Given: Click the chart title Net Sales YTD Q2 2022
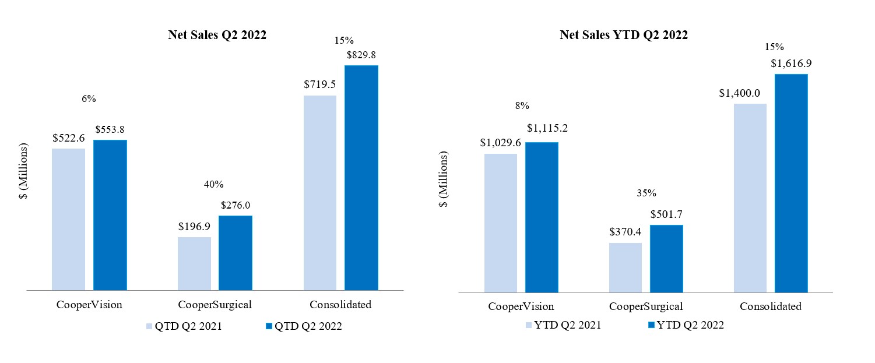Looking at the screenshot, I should (624, 35).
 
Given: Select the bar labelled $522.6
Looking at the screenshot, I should (68, 219).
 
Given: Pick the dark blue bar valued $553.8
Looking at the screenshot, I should (110, 214).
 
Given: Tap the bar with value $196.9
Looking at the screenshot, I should (194, 263).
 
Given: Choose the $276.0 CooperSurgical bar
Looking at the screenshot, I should (236, 252).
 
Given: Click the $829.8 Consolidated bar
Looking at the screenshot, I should (361, 177).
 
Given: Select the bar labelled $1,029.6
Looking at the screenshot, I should (501, 223).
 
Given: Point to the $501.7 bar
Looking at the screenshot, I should (666, 259).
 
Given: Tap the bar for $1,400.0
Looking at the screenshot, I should (750, 198).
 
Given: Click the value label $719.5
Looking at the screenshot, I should (319, 84).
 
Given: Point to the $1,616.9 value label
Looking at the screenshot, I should (790, 63).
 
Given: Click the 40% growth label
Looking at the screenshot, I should (214, 184).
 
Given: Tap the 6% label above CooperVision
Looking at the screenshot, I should (89, 99).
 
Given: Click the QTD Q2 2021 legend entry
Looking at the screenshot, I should (183, 326).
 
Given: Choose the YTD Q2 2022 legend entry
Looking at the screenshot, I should (683, 325).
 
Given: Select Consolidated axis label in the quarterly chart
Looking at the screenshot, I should (340, 304).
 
